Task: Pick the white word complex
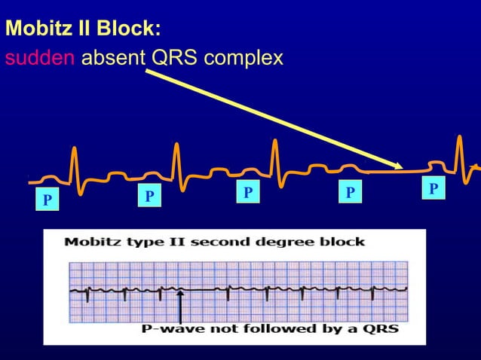click(247, 58)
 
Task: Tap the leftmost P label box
click(47, 200)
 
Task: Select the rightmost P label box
click(433, 188)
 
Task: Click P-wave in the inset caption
click(173, 329)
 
